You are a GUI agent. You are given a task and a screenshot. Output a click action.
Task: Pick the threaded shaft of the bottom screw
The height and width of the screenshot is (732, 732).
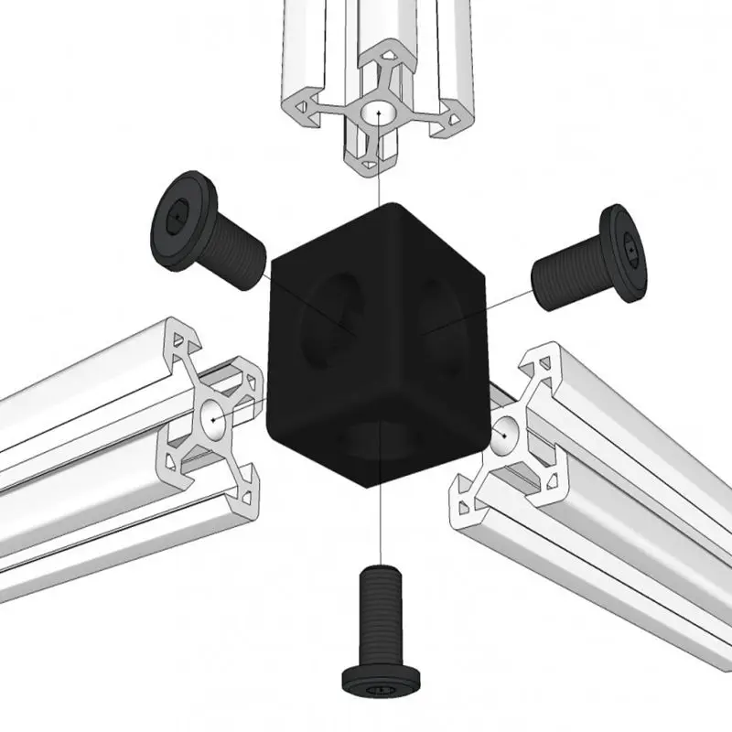(x=379, y=608)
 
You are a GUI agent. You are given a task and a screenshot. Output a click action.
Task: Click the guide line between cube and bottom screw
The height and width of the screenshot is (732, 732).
(x=379, y=522)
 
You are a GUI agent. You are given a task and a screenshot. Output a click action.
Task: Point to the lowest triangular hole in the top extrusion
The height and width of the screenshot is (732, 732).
(x=369, y=163)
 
